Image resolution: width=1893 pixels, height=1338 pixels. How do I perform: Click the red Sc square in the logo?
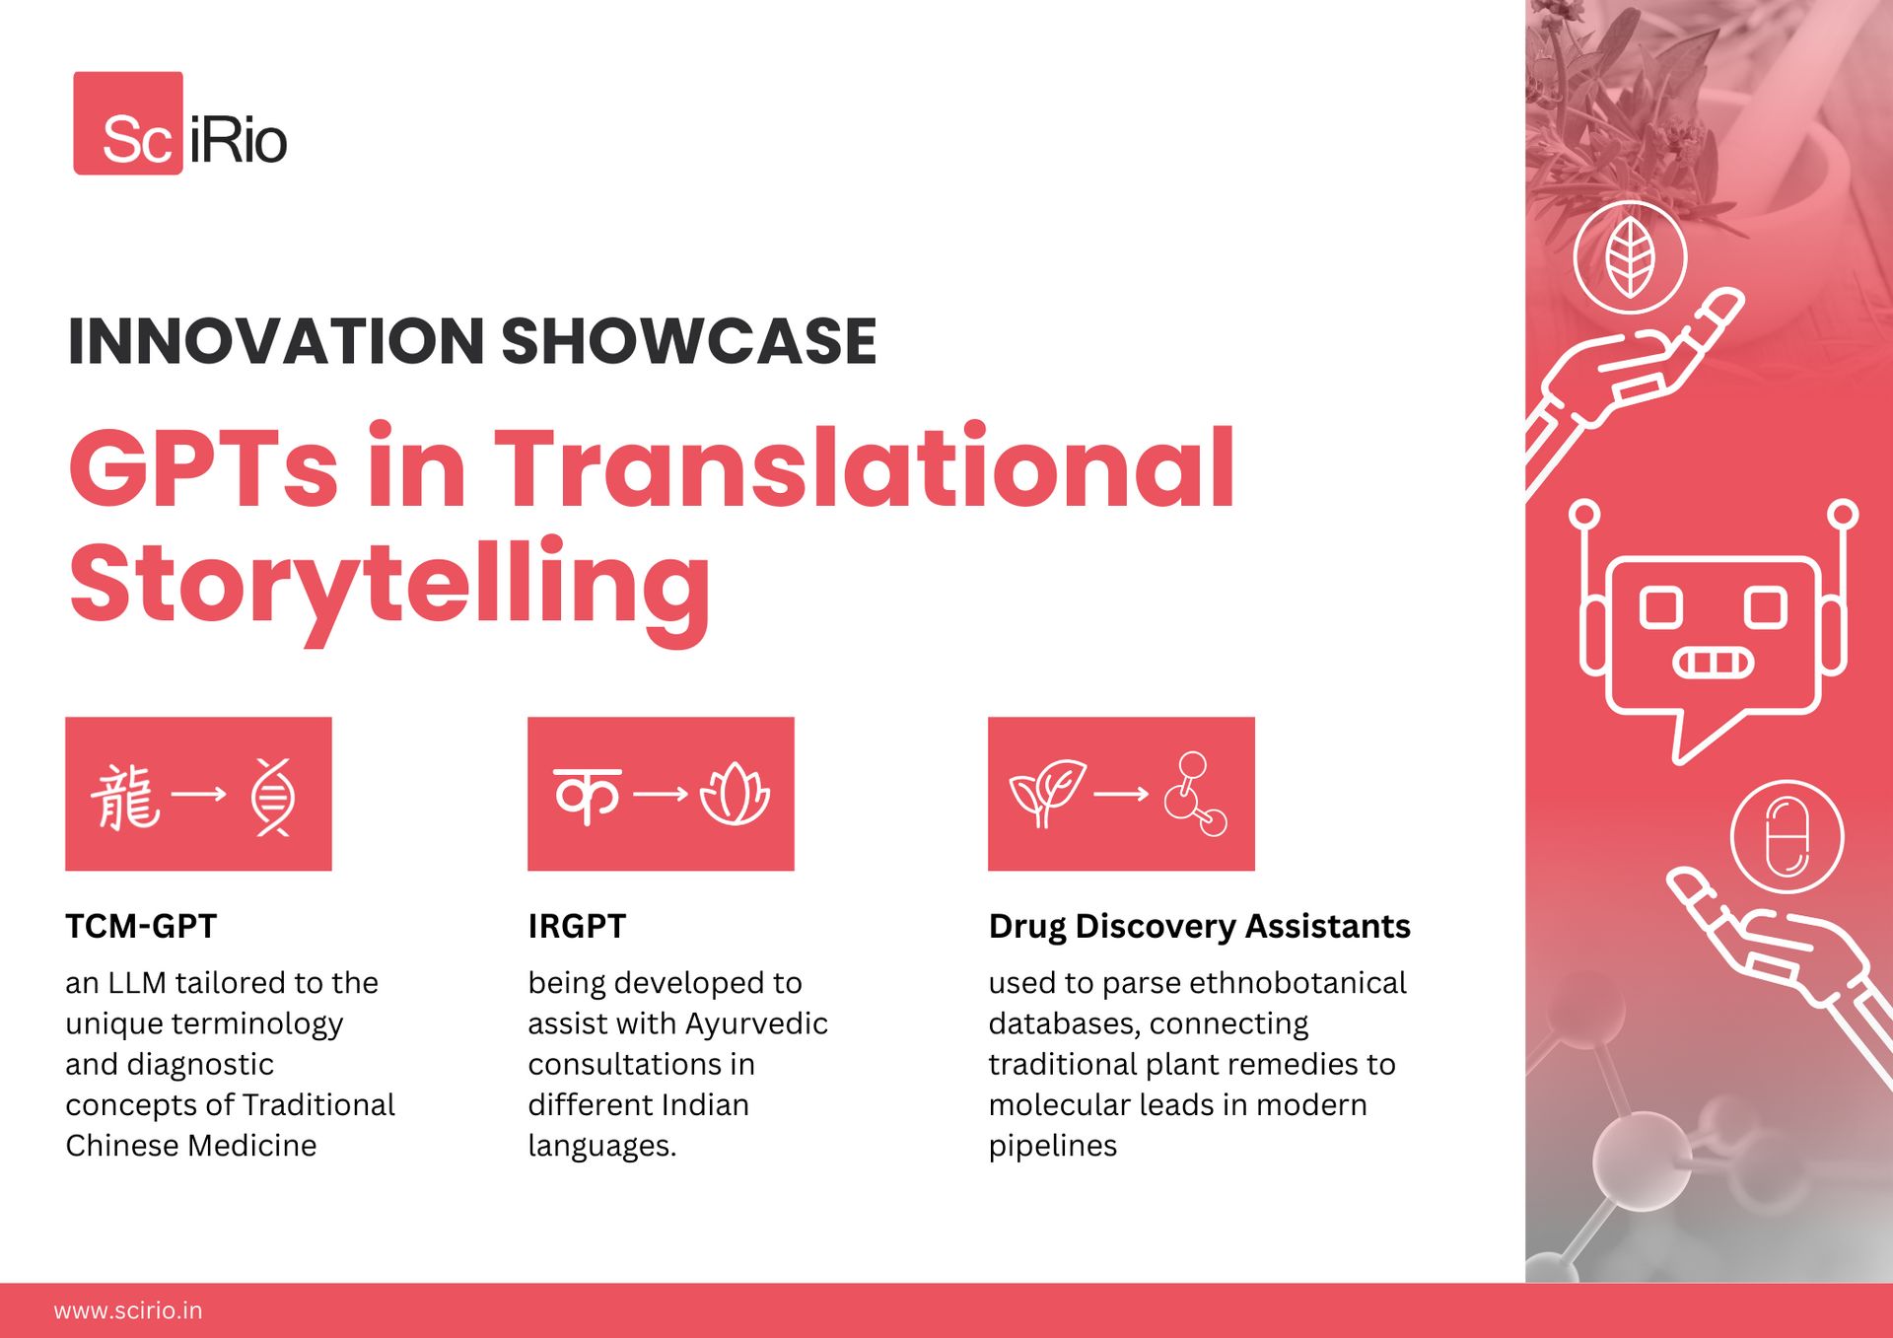tap(128, 123)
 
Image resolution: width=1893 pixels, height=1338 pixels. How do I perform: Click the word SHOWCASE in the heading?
tap(689, 341)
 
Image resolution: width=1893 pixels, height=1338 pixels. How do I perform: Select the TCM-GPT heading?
tap(141, 926)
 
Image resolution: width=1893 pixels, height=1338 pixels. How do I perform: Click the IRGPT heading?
tap(577, 926)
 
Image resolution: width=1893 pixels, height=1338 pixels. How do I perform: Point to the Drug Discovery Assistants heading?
tap(1199, 927)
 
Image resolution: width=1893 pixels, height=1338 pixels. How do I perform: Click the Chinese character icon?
tap(125, 796)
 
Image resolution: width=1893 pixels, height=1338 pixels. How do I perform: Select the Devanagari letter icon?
tap(588, 795)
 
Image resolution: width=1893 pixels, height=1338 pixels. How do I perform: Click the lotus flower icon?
tap(735, 795)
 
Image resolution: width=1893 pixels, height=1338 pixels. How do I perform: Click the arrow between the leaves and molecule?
tap(1122, 794)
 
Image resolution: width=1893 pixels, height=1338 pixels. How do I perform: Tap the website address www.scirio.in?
tap(128, 1310)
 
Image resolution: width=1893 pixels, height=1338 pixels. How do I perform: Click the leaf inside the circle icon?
tap(1630, 257)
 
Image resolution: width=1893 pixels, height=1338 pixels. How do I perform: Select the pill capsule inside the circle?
tap(1787, 837)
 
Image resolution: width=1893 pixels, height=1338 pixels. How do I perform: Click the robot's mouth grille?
tap(1714, 663)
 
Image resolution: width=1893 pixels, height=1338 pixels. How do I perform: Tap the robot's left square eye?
tap(1661, 607)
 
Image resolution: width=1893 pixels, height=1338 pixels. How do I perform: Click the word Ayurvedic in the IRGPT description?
tap(756, 1024)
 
